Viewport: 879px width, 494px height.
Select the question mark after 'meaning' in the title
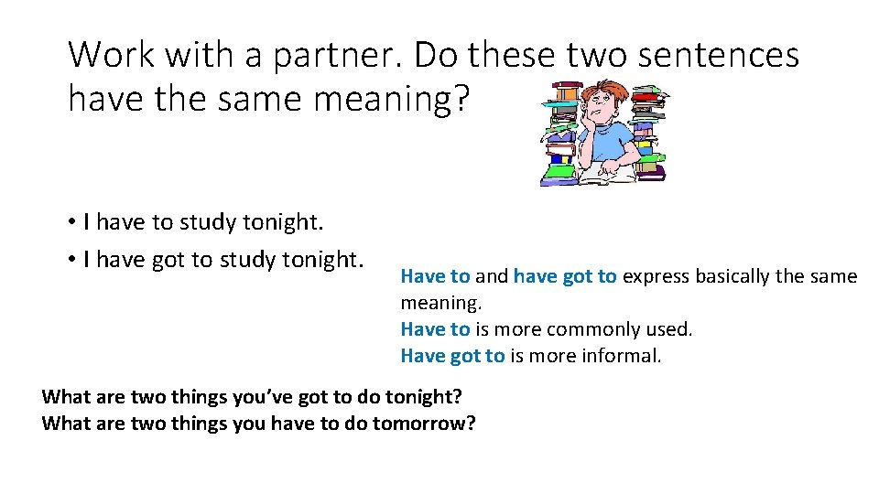(457, 97)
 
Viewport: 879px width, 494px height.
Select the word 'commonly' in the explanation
(584, 329)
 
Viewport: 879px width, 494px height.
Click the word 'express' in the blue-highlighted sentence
(656, 276)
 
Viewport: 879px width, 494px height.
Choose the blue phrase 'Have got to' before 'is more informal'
(452, 356)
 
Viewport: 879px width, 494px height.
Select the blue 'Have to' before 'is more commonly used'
(435, 329)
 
